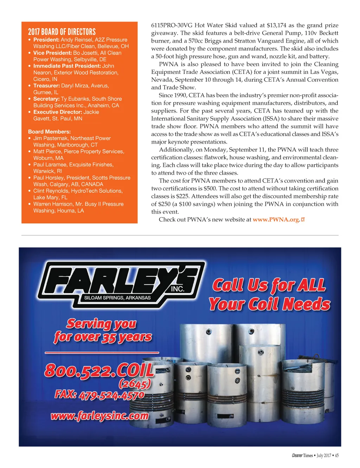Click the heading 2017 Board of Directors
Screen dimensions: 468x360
(62, 32)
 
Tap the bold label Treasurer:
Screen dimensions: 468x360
(46, 86)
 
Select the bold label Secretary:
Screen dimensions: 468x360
(46, 99)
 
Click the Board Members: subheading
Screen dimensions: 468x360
(49, 132)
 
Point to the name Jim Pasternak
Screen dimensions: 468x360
(50, 138)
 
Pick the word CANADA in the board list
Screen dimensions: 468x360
(92, 184)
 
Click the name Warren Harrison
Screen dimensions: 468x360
(53, 204)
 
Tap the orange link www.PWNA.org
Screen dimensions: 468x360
(276, 220)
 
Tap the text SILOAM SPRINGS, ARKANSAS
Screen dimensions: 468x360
(117, 298)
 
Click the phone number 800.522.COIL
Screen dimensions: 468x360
(99, 371)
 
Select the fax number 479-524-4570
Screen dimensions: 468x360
(111, 395)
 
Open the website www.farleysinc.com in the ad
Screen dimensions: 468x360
(99, 416)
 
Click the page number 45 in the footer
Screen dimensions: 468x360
(336, 455)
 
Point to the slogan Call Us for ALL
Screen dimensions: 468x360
(269, 285)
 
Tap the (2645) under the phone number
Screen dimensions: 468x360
(135, 383)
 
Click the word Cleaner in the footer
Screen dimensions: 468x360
(297, 455)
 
